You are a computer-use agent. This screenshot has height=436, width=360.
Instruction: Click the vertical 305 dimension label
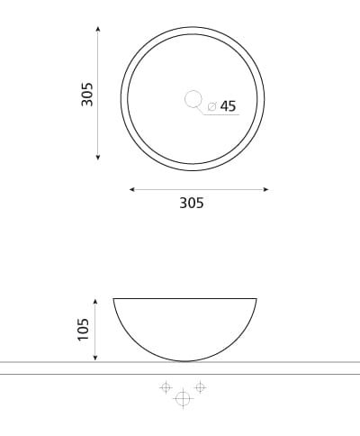(x=87, y=95)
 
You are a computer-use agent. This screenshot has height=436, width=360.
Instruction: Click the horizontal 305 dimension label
(x=192, y=203)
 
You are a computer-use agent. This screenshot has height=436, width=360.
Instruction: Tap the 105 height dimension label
(x=83, y=330)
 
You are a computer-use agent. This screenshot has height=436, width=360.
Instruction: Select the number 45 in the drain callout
(x=228, y=106)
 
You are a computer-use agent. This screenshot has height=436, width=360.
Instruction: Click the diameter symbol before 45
(x=211, y=106)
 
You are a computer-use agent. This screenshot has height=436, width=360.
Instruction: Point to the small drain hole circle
(x=193, y=99)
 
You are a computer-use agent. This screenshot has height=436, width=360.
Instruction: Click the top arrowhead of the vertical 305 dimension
(x=98, y=29)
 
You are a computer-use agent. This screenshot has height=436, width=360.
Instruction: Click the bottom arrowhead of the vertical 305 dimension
(x=98, y=157)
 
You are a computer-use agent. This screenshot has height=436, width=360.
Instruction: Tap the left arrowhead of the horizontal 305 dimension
(x=132, y=189)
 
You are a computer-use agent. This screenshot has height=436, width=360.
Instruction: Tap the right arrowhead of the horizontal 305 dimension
(x=265, y=189)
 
